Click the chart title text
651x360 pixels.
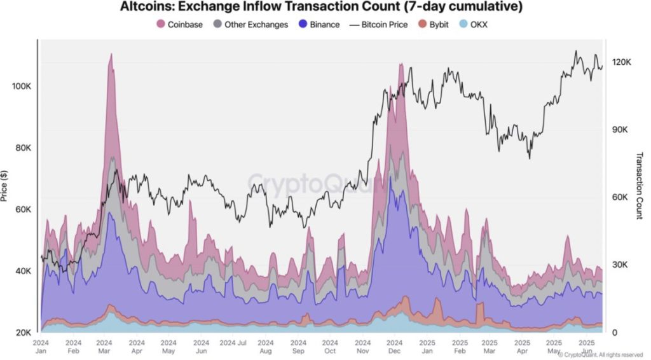[x=321, y=8]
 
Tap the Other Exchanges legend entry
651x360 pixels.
[x=251, y=25]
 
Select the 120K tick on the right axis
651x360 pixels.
[x=620, y=62]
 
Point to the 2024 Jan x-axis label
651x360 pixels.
[x=41, y=347]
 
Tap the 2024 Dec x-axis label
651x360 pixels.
[x=394, y=347]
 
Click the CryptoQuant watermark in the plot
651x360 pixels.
[x=316, y=182]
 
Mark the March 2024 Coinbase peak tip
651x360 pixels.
[x=111, y=54]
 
